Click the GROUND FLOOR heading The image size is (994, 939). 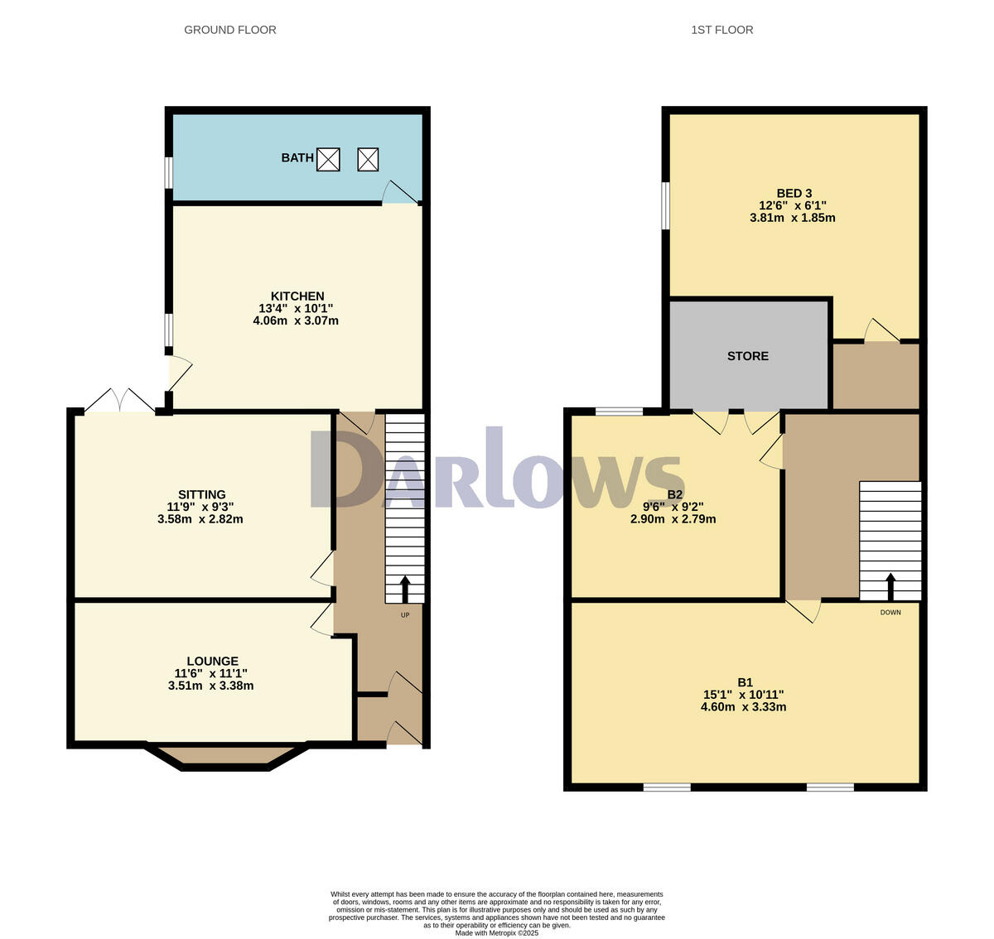[229, 30]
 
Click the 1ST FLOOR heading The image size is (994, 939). [721, 30]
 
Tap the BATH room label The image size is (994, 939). [297, 157]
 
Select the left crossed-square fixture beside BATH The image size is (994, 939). [329, 159]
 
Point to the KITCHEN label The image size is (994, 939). [297, 296]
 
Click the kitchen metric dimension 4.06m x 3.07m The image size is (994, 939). [296, 320]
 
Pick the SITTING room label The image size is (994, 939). [201, 494]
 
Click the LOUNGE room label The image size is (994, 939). [212, 661]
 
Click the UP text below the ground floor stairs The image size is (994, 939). [405, 615]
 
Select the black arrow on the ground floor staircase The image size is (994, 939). [405, 589]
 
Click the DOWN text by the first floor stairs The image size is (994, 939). [890, 613]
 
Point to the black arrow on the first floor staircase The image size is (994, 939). [890, 586]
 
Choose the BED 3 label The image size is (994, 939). [794, 193]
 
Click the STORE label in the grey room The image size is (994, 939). [747, 356]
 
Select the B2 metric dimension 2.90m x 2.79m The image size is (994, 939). [673, 519]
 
